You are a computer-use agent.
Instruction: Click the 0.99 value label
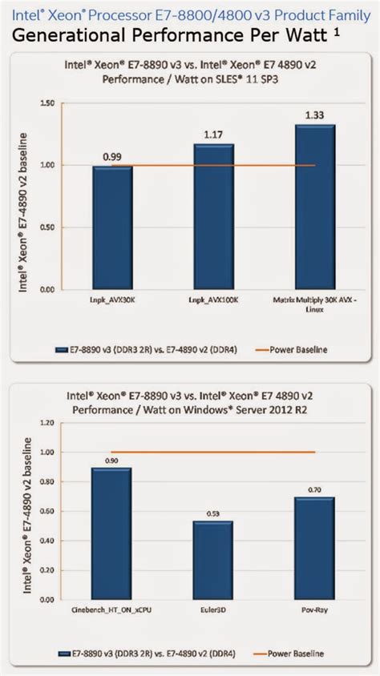click(112, 158)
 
